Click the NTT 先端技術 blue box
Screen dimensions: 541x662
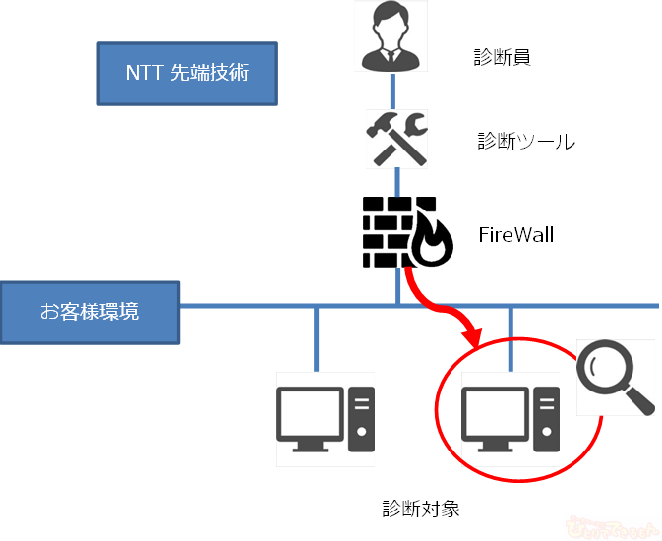(x=187, y=73)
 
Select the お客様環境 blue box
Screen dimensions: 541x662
(x=90, y=313)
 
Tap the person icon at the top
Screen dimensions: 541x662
(x=394, y=36)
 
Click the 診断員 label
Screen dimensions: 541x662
(x=502, y=57)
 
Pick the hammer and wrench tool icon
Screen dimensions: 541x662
(x=396, y=139)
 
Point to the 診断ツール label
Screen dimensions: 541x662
(x=525, y=141)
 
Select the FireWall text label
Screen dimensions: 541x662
(x=516, y=235)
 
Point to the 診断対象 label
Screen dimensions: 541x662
(x=420, y=510)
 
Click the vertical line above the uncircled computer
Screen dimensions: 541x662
(x=316, y=339)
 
